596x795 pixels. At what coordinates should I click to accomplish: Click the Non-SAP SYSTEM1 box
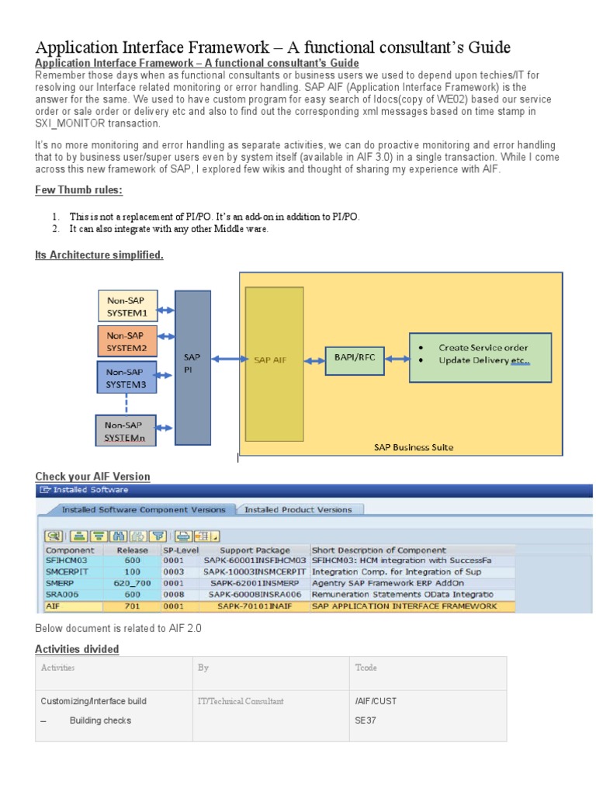tap(127, 305)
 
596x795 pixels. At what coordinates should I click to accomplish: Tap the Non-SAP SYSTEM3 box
tap(126, 377)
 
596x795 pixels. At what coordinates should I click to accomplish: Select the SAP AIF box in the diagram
tap(273, 359)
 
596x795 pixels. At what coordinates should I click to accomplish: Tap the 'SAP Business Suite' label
tap(413, 447)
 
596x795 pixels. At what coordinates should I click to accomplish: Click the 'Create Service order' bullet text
tap(481, 348)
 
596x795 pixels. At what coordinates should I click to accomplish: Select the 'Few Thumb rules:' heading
tap(79, 190)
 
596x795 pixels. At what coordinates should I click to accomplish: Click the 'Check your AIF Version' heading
tap(93, 476)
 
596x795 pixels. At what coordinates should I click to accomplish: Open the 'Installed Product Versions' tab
tap(298, 510)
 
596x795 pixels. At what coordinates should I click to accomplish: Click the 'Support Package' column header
tap(255, 550)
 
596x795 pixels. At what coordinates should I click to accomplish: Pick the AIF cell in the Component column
tap(54, 605)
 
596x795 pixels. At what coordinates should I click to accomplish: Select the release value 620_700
tap(132, 582)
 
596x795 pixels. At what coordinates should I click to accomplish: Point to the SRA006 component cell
tap(62, 593)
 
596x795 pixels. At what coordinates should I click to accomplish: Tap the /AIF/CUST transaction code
tap(375, 701)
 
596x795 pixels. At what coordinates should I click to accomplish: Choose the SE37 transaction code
tap(365, 720)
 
